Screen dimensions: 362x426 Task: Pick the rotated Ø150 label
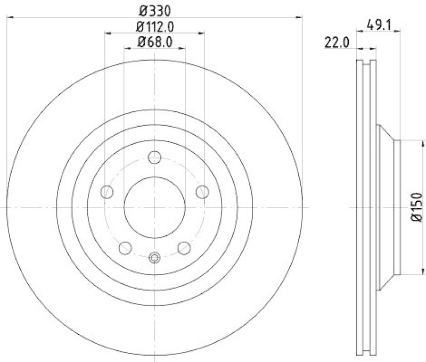coord(417,207)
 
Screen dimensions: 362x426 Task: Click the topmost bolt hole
coord(154,157)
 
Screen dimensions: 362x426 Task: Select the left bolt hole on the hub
coord(108,192)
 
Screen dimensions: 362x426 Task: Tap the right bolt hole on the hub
coord(202,192)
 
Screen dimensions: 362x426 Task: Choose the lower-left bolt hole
coord(125,247)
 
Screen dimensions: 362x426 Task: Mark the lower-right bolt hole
coord(184,247)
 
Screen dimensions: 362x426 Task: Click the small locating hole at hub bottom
coord(154,258)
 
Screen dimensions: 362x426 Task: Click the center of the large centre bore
coord(154,207)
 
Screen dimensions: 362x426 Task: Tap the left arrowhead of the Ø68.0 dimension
coord(126,49)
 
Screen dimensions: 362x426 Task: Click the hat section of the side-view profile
coord(387,207)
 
